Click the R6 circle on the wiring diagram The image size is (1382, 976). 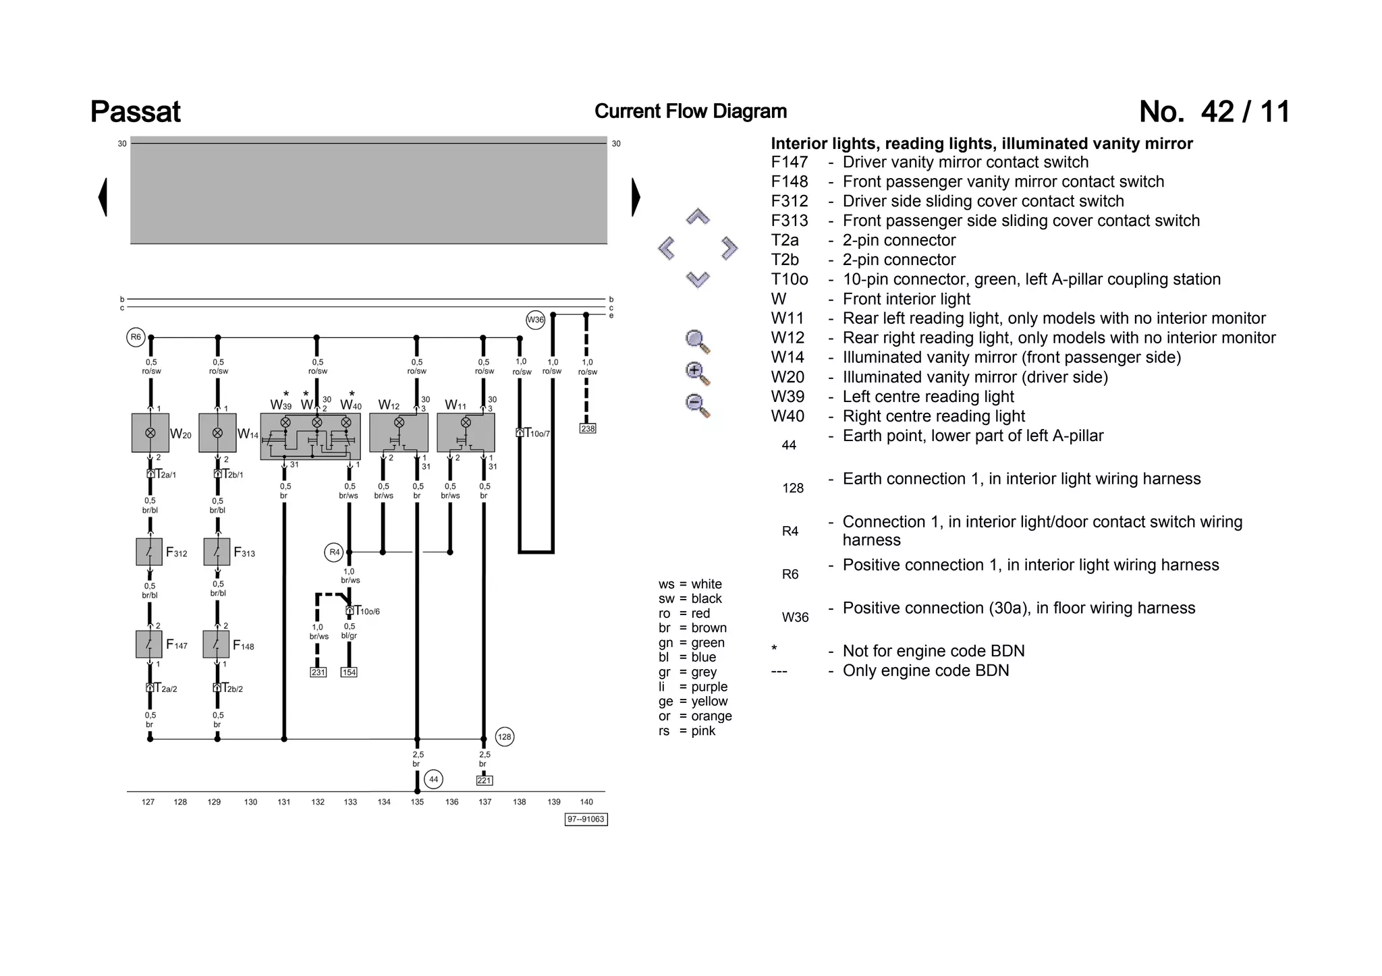(136, 337)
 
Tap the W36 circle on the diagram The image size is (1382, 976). (535, 320)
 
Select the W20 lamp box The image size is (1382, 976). (150, 433)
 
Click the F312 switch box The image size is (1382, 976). (149, 552)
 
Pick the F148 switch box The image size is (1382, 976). (217, 645)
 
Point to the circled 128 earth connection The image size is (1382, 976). (505, 737)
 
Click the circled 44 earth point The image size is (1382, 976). (434, 780)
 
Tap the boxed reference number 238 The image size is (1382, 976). (588, 428)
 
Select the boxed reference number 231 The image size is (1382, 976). (318, 672)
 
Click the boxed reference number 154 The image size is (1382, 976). (349, 672)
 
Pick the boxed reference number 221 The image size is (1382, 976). (485, 780)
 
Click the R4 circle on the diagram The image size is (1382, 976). (334, 552)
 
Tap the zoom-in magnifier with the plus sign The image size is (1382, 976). (696, 372)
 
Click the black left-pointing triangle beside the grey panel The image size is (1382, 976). (103, 197)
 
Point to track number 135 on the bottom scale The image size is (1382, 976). (417, 802)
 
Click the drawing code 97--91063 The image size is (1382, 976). (586, 820)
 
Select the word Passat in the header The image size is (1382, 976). (136, 112)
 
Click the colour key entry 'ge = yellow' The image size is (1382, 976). (693, 701)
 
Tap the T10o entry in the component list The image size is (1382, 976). (790, 279)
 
